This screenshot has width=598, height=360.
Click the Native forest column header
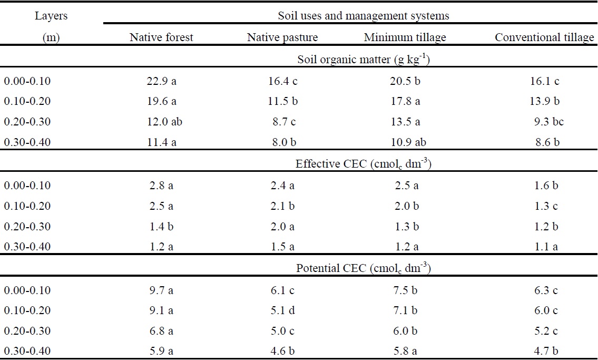click(x=161, y=37)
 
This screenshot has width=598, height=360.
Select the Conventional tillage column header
click(x=544, y=37)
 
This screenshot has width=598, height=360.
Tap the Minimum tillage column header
click(x=405, y=37)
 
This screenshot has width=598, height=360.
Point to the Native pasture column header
click(x=282, y=37)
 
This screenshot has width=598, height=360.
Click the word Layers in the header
click(x=51, y=16)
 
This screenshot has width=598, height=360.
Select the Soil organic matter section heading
click(x=364, y=59)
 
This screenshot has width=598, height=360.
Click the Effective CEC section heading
click(x=364, y=164)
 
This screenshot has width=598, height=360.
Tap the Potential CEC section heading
click(x=364, y=268)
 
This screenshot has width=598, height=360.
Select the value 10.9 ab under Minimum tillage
click(x=406, y=142)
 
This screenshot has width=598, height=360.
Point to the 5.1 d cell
click(x=282, y=310)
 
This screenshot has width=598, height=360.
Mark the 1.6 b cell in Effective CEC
click(x=545, y=186)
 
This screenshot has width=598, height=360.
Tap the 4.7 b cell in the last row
click(x=545, y=351)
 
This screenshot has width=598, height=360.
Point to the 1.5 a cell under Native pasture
click(x=282, y=246)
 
